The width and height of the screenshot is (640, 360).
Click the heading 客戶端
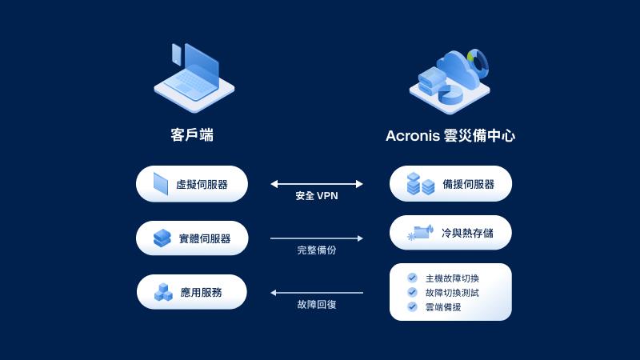tap(192, 135)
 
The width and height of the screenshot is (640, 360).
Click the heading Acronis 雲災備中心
tap(450, 136)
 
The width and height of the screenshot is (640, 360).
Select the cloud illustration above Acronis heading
tap(450, 79)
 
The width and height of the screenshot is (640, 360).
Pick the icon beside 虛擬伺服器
tap(160, 184)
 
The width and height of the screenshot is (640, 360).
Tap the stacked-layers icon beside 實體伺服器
tap(162, 238)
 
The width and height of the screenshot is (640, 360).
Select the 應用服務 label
tap(201, 293)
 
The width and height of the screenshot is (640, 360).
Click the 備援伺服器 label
tap(468, 184)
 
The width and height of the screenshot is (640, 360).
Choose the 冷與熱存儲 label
tap(467, 233)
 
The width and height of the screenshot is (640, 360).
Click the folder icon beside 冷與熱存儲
tap(420, 233)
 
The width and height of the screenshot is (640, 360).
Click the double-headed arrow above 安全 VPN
tap(317, 184)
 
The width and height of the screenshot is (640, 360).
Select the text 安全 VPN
tap(317, 196)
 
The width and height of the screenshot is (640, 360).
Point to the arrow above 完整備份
tap(317, 238)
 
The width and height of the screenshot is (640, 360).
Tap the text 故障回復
tap(317, 305)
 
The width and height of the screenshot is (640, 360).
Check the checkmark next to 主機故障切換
tap(412, 278)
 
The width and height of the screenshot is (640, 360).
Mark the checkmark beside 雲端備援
tap(412, 306)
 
